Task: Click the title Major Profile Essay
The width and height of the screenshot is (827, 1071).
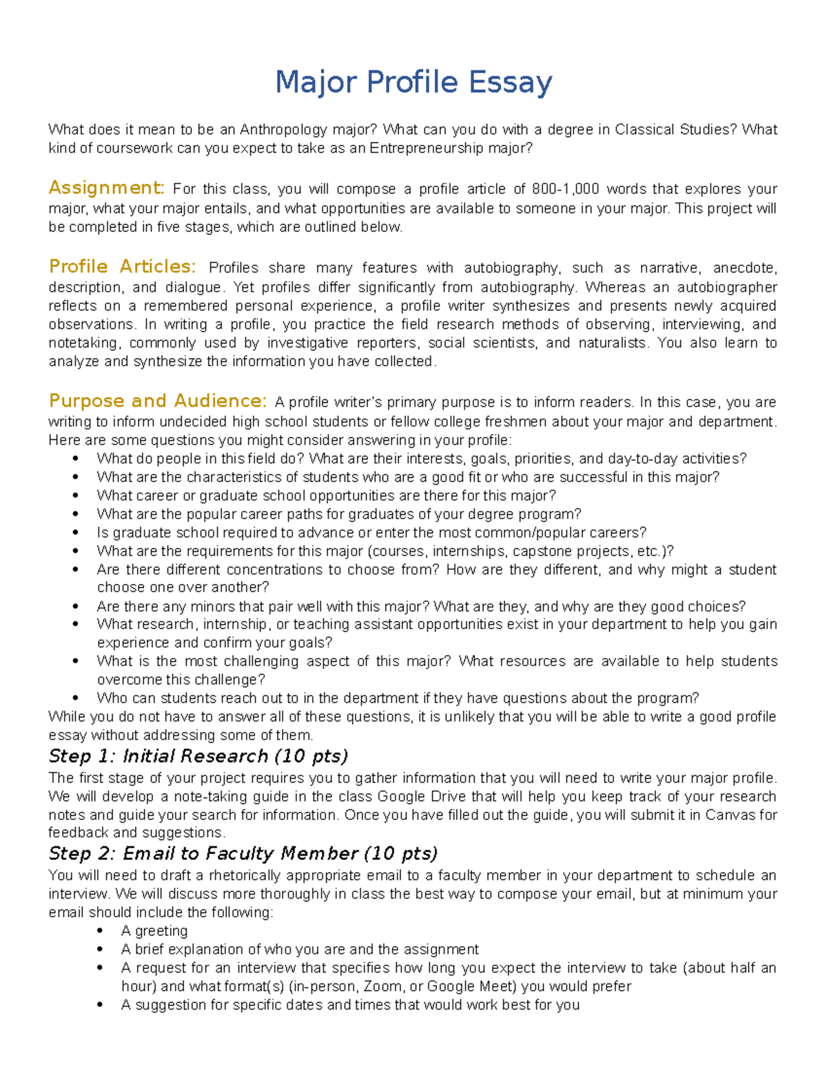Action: click(x=413, y=82)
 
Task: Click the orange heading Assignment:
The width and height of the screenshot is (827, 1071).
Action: click(x=106, y=188)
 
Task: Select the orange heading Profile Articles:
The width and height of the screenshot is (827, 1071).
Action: click(x=122, y=266)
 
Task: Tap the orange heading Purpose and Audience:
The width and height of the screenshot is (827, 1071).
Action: click(x=157, y=401)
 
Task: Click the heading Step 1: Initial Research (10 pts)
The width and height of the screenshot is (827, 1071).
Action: click(x=198, y=756)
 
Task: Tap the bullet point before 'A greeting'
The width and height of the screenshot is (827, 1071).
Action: click(x=101, y=931)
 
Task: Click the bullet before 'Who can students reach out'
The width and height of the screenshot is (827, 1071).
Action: click(x=76, y=698)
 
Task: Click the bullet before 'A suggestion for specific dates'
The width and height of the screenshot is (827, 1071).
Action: click(x=101, y=1005)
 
